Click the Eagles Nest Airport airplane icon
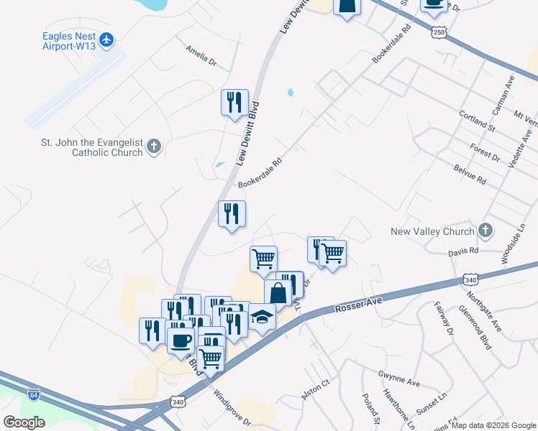click(x=107, y=39)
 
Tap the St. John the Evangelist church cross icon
click(x=152, y=147)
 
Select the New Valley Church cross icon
click(x=485, y=231)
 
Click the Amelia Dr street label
click(x=201, y=57)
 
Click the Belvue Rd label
click(x=470, y=174)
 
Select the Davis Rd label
click(x=463, y=251)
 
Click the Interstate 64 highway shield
click(x=33, y=394)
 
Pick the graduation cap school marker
click(x=263, y=317)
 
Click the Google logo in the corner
click(x=24, y=422)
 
